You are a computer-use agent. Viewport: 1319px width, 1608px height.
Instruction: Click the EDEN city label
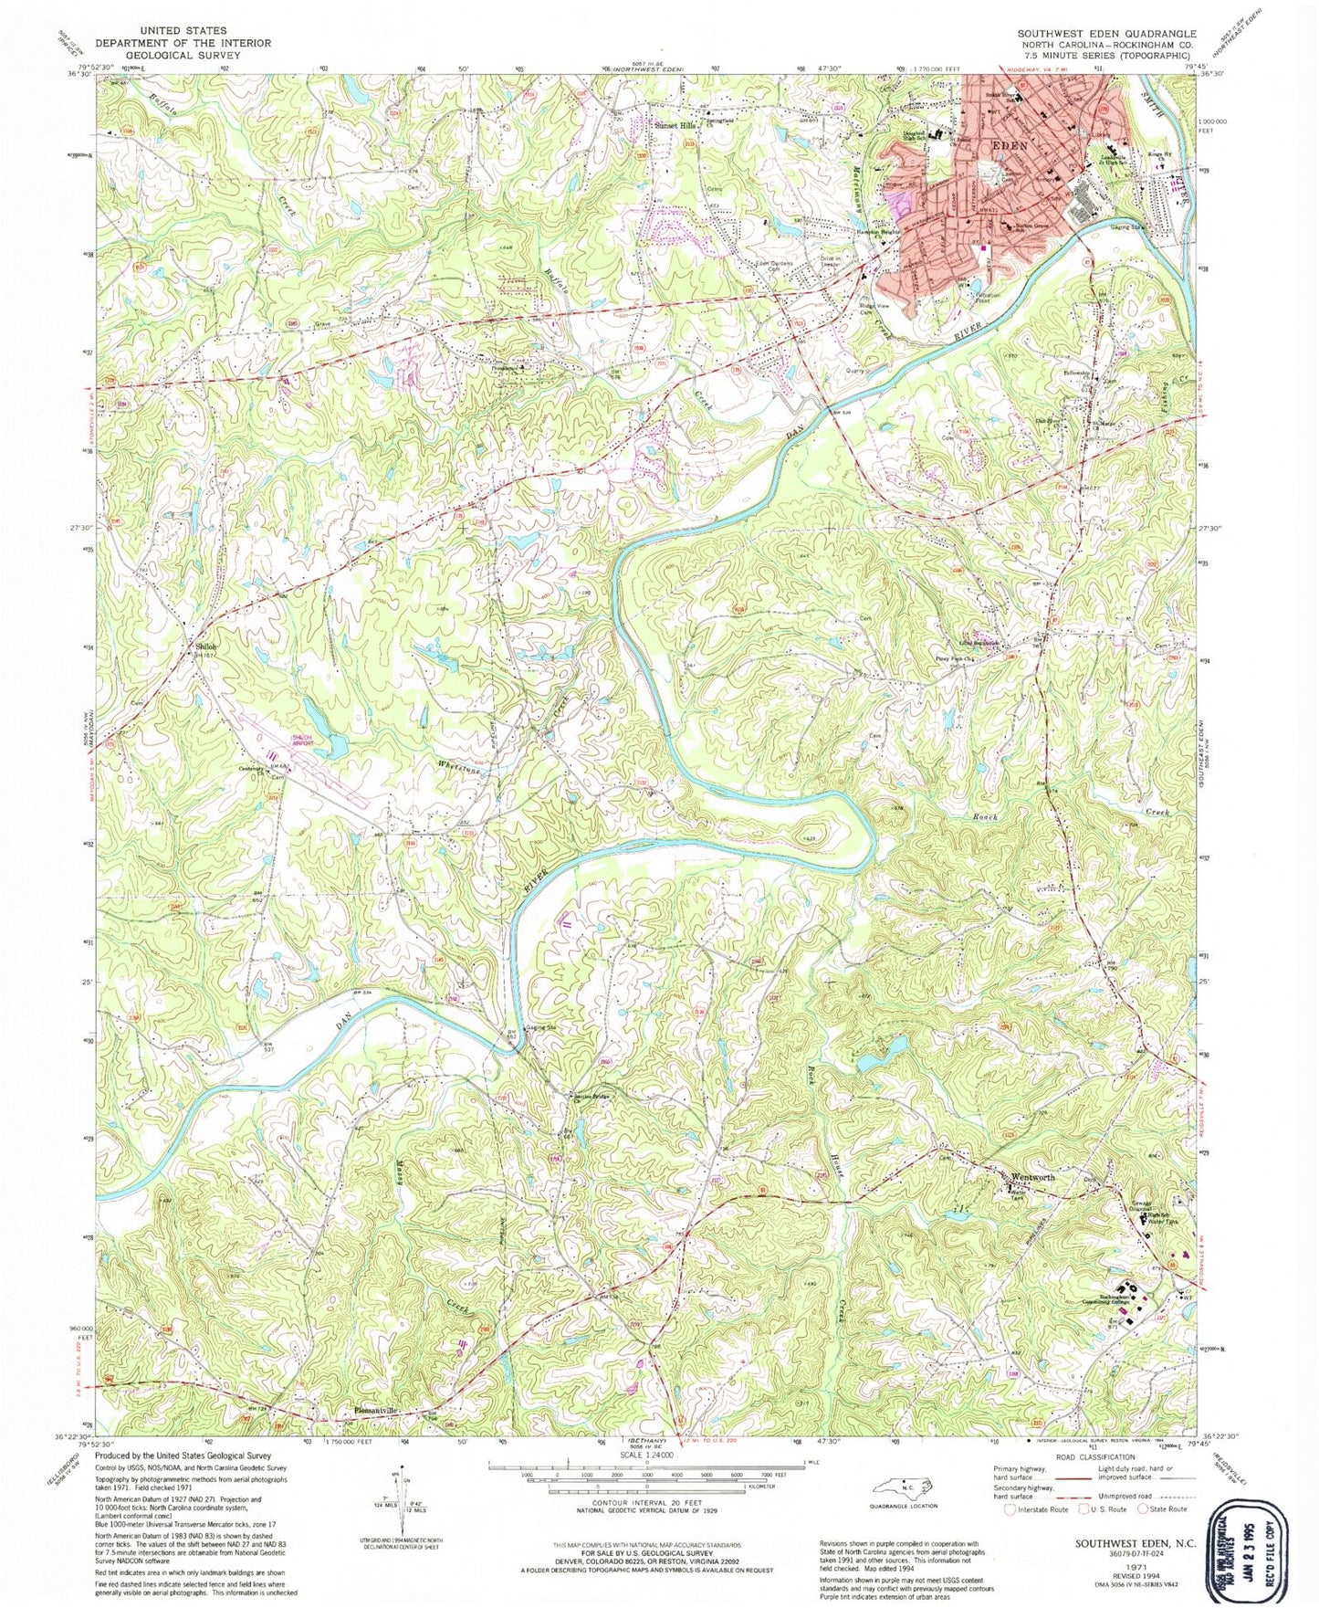tap(1004, 145)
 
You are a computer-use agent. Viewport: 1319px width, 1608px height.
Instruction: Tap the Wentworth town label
tap(1032, 1177)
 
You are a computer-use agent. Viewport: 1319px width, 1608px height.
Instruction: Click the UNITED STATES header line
tap(183, 30)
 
